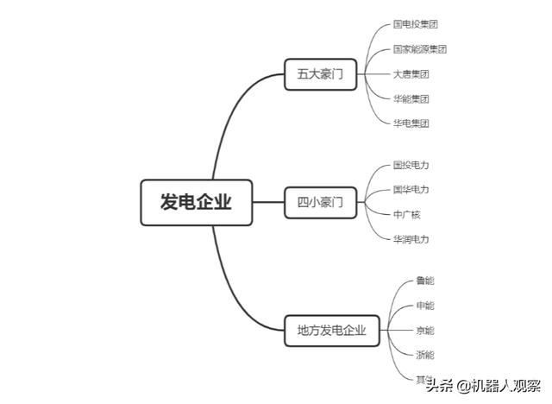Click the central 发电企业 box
click(197, 203)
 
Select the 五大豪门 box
click(320, 75)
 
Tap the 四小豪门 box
click(320, 204)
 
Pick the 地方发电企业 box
click(332, 330)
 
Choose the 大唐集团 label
click(411, 74)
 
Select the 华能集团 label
click(411, 98)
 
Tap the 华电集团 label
click(411, 123)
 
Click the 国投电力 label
click(411, 165)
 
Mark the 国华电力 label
click(411, 189)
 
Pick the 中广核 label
click(406, 214)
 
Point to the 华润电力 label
click(411, 239)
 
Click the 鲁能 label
click(425, 281)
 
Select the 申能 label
click(425, 306)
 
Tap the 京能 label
click(425, 331)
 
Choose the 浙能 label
click(425, 355)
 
